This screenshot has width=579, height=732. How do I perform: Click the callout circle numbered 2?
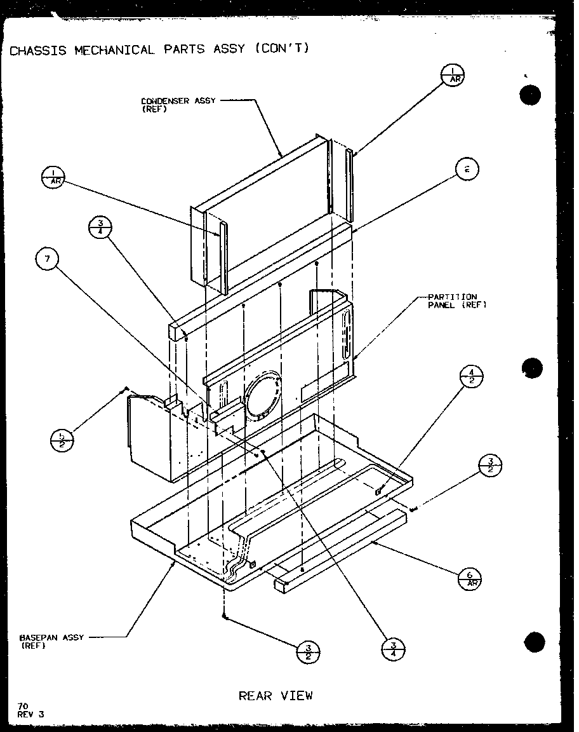(x=467, y=169)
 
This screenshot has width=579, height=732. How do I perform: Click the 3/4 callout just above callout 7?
(x=101, y=229)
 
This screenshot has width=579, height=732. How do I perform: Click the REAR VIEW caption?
(x=276, y=696)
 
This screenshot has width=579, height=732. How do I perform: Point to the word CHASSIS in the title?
(x=39, y=50)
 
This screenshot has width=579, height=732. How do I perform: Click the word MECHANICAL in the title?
(x=115, y=50)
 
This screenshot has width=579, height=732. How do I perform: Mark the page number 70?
(x=23, y=705)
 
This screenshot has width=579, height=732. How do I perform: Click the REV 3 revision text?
(x=32, y=714)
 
